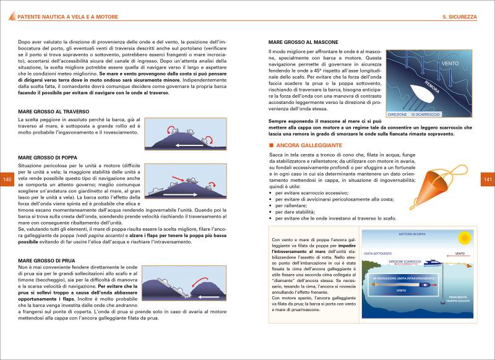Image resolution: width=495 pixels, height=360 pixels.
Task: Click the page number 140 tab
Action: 7,179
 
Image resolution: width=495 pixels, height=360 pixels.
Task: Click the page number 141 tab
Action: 487,179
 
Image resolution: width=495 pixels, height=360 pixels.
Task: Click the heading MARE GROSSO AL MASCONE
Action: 303,41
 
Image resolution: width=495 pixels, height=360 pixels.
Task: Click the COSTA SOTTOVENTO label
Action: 377,253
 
